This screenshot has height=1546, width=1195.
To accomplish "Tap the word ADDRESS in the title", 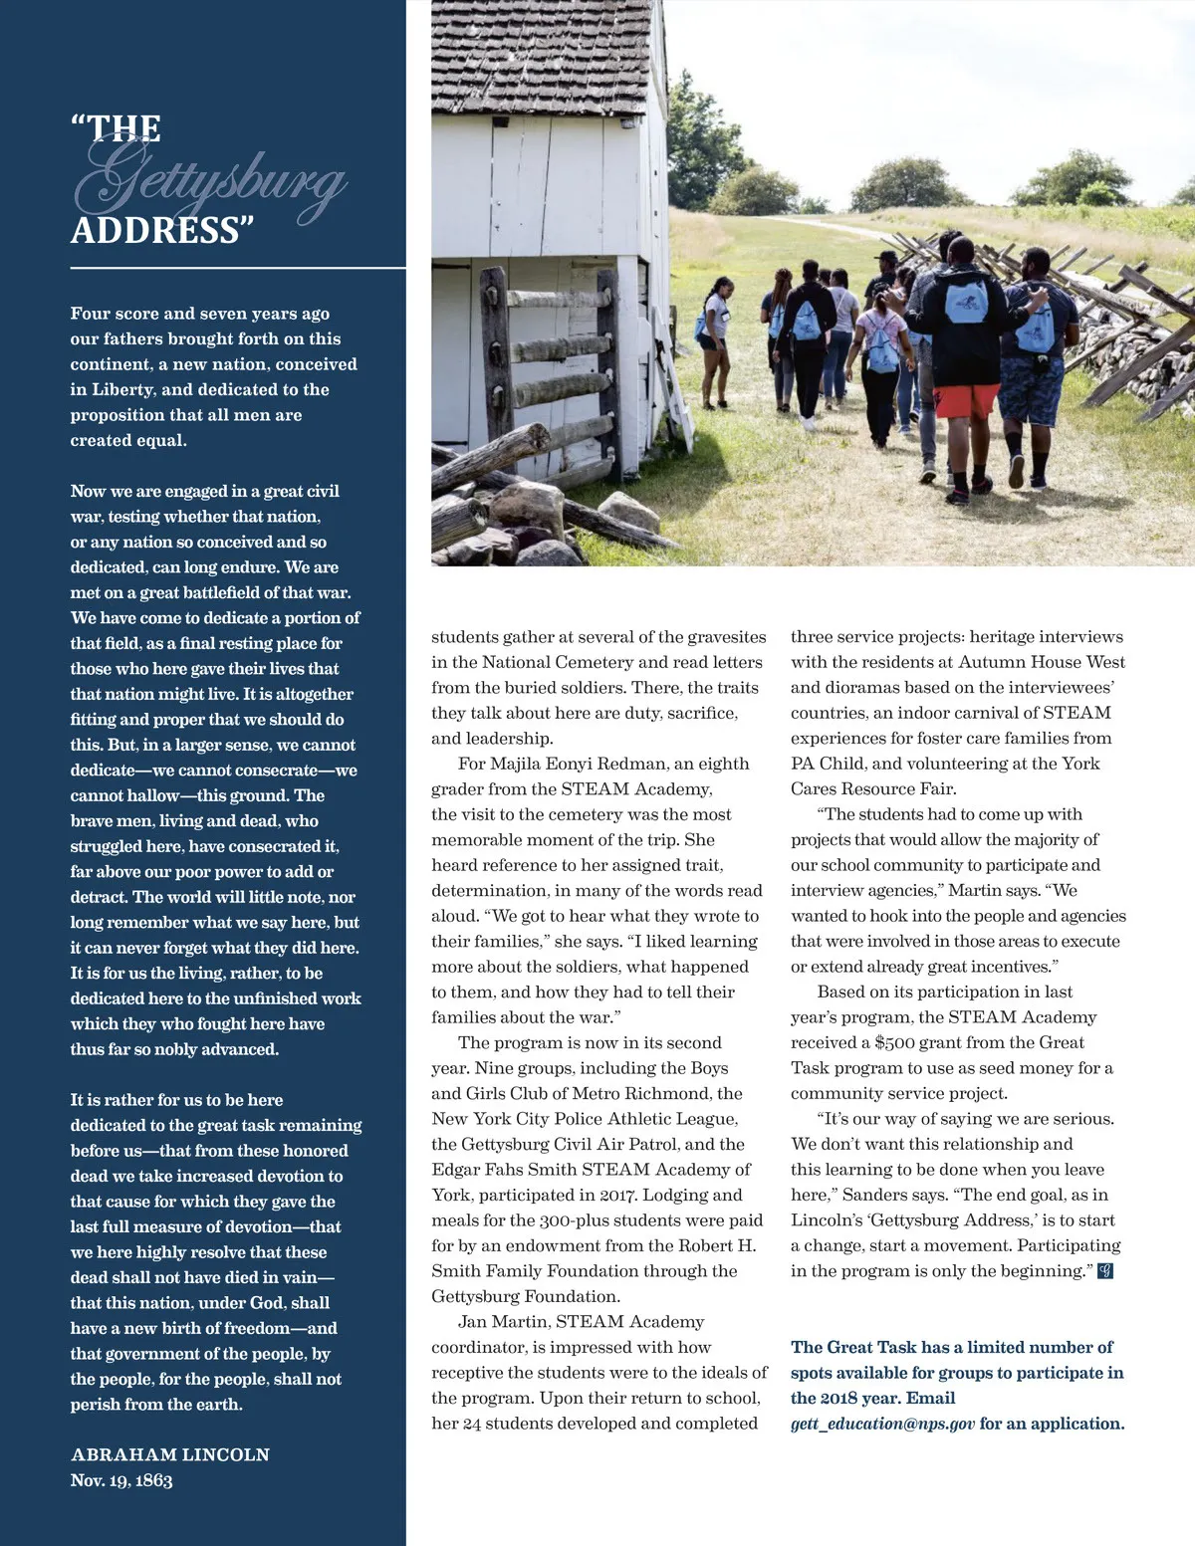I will pyautogui.click(x=156, y=231).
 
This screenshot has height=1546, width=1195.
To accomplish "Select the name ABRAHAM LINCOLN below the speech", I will pyautogui.click(x=170, y=1454).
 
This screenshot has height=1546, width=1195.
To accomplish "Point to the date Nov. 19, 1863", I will pyautogui.click(x=121, y=1480).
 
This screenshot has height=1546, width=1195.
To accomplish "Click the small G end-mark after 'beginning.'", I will pyautogui.click(x=1104, y=1271).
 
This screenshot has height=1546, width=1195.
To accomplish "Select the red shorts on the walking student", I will pyautogui.click(x=965, y=400).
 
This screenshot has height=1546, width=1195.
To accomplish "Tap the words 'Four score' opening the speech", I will pyautogui.click(x=113, y=314).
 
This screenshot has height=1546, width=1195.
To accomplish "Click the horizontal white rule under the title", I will pyautogui.click(x=238, y=268).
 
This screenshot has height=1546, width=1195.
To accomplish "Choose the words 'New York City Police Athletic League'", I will pyautogui.click(x=585, y=1119).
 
